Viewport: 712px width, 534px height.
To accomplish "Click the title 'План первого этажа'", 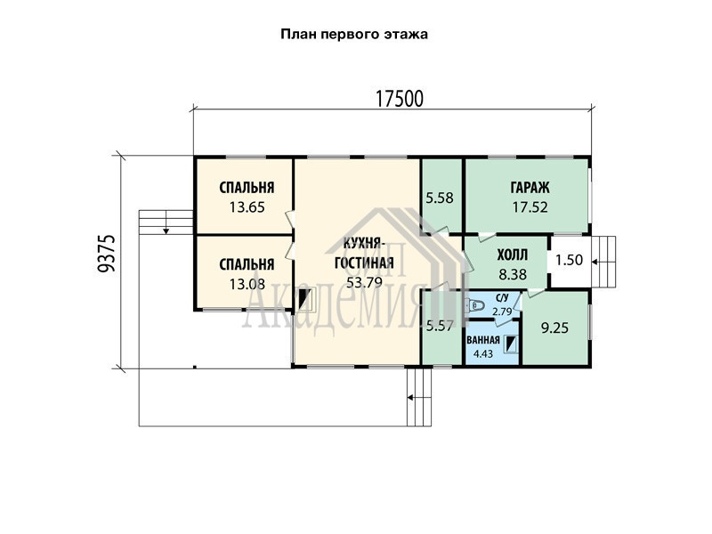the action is (x=354, y=35).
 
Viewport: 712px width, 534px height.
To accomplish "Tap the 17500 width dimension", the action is (x=399, y=99).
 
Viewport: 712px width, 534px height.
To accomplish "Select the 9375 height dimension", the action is (x=107, y=254).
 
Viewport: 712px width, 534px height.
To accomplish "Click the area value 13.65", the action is (x=247, y=207).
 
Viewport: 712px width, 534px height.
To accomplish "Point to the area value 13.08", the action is (x=247, y=284).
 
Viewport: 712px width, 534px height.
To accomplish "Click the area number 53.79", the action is (x=364, y=282).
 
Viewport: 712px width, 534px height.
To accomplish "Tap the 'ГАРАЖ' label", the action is (x=530, y=188).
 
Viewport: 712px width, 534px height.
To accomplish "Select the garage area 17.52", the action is (x=530, y=207).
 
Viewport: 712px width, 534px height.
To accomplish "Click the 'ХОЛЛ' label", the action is (x=513, y=255).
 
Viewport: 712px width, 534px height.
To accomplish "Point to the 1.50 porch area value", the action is (x=569, y=260).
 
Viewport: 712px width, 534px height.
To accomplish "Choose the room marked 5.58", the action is (x=440, y=198).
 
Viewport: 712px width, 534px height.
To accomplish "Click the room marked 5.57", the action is (x=440, y=326).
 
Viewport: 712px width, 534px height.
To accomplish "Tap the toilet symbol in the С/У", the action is (x=475, y=305).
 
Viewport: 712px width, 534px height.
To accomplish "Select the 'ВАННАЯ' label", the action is (x=482, y=340).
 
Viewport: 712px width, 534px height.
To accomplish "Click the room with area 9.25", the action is (x=554, y=328).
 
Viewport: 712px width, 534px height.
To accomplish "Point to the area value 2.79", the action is (x=502, y=311).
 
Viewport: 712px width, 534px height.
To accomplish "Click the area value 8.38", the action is (x=513, y=274).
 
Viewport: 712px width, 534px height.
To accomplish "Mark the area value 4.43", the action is (x=482, y=353).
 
